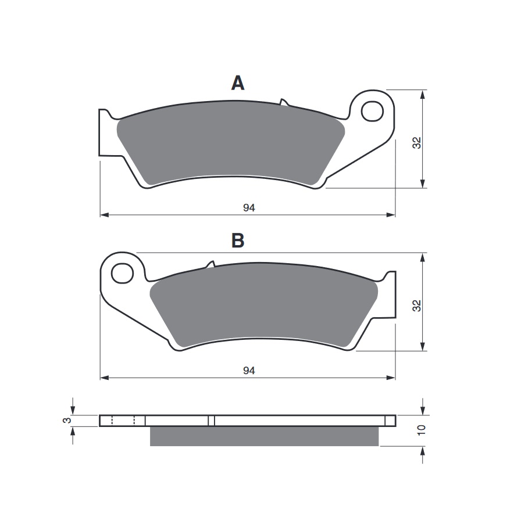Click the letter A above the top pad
click(238, 84)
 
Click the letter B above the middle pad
click(237, 241)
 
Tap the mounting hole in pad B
click(123, 272)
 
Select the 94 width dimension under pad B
click(249, 371)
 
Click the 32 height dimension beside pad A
click(417, 143)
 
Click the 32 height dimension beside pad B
click(417, 306)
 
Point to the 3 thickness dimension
click(67, 421)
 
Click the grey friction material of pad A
click(230, 145)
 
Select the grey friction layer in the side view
click(265, 436)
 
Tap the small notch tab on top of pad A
click(284, 103)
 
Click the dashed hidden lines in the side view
click(123, 421)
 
